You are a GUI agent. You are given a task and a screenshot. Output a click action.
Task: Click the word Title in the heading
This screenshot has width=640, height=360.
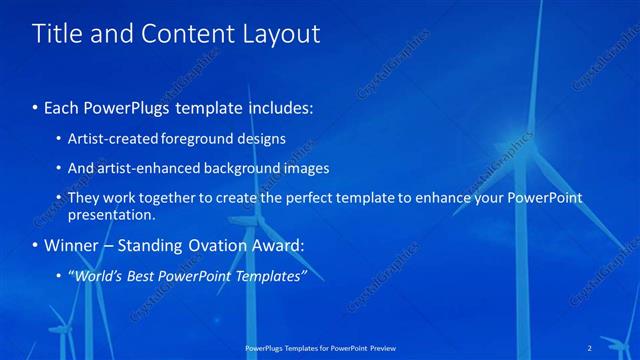(x=59, y=34)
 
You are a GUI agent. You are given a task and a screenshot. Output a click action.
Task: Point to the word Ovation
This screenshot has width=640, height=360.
(x=222, y=245)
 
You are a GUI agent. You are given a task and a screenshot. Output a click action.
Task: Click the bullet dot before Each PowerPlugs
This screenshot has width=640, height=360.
(x=36, y=107)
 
